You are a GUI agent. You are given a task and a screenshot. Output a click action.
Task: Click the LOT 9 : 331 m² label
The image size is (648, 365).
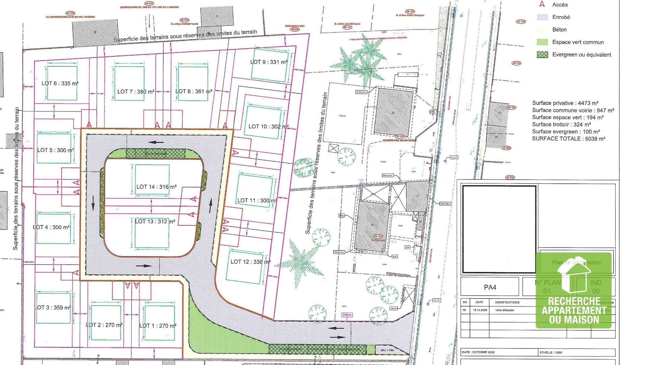pyautogui.click(x=269, y=62)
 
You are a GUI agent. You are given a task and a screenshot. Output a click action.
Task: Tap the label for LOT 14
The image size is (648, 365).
pyautogui.click(x=156, y=187)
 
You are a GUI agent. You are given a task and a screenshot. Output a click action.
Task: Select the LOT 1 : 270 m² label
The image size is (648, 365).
pyautogui.click(x=158, y=325)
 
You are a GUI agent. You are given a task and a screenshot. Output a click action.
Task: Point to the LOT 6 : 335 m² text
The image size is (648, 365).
pyautogui.click(x=60, y=83)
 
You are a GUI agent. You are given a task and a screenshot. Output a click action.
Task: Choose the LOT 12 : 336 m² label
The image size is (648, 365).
pyautogui.click(x=250, y=262)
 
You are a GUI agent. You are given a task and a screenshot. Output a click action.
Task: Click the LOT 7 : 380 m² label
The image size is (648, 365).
pyautogui.click(x=136, y=92)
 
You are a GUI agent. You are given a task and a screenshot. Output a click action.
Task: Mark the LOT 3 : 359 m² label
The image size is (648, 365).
pyautogui.click(x=53, y=308)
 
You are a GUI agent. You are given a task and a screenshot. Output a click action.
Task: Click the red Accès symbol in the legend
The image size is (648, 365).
pyautogui.click(x=542, y=4)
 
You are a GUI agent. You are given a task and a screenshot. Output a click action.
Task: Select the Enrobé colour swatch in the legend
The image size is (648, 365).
pyautogui.click(x=542, y=17)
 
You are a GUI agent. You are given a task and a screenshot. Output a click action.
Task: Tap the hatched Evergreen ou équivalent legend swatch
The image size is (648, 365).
pyautogui.click(x=542, y=55)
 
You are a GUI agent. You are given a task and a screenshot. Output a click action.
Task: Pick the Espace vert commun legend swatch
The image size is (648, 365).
pyautogui.click(x=542, y=42)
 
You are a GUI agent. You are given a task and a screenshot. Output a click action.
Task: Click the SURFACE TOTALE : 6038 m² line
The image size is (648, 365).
pyautogui.click(x=568, y=139)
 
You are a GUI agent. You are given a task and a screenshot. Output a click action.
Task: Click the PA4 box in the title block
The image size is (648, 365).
pyautogui.click(x=490, y=287)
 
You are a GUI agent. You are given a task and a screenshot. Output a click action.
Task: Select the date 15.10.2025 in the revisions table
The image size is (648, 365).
pyautogui.click(x=480, y=310)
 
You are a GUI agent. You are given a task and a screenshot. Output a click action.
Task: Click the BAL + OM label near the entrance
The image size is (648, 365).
pyautogui.click(x=387, y=350)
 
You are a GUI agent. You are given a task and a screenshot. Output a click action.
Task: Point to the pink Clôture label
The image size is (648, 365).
pyautogui.click(x=347, y=315)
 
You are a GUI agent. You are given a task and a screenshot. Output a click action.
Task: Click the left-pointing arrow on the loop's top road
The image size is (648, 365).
pyautogui.click(x=157, y=143)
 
